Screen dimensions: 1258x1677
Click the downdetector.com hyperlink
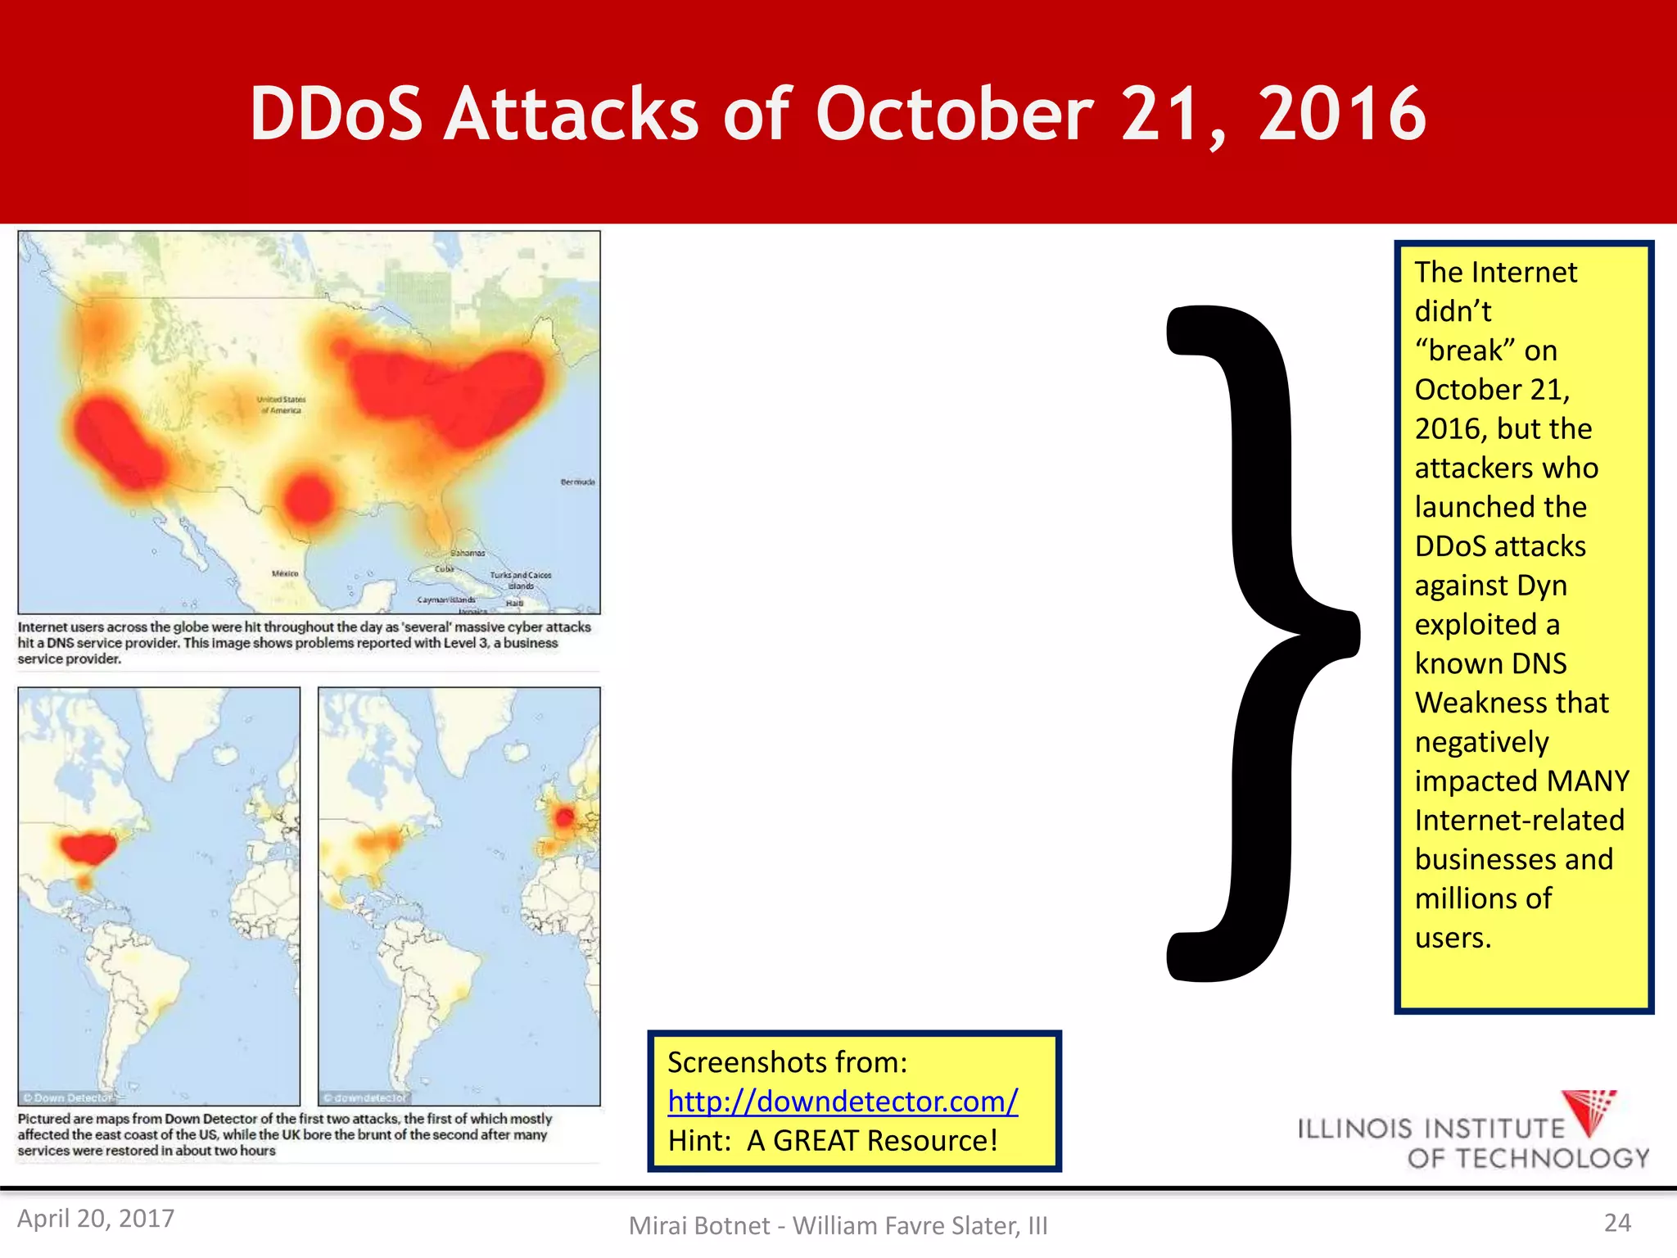tap(843, 1102)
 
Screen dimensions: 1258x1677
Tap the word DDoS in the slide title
tap(336, 114)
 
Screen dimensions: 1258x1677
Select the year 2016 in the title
tap(1343, 114)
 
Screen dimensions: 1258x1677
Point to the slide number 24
tap(1617, 1223)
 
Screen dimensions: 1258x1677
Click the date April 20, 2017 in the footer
tap(96, 1219)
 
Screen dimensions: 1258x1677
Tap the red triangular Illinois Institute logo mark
tap(1589, 1111)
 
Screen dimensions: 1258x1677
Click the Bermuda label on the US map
tap(577, 482)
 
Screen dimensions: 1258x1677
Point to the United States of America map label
tap(281, 405)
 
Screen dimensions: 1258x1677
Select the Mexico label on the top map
tap(285, 573)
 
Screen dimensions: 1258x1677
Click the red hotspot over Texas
tap(308, 498)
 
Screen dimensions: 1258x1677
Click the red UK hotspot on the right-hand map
tap(564, 817)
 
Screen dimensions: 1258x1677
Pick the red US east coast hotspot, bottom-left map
tap(86, 848)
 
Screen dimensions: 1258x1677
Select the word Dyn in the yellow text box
tap(1541, 585)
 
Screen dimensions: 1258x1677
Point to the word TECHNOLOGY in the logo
tap(1528, 1158)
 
